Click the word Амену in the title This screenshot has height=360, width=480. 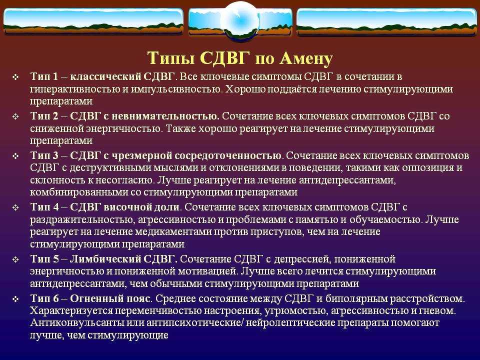[x=306, y=58]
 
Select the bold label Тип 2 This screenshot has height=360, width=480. [x=44, y=116]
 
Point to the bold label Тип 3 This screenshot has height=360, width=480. [x=44, y=155]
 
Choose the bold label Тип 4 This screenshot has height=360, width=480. [x=44, y=207]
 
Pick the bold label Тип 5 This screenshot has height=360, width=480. [x=44, y=259]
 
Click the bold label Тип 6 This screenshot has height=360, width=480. [x=44, y=298]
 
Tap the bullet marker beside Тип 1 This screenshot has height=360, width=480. [x=15, y=77]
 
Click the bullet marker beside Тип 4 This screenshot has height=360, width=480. [x=15, y=208]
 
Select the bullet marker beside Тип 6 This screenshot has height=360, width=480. [x=15, y=299]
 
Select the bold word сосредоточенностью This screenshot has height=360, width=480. [x=228, y=155]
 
